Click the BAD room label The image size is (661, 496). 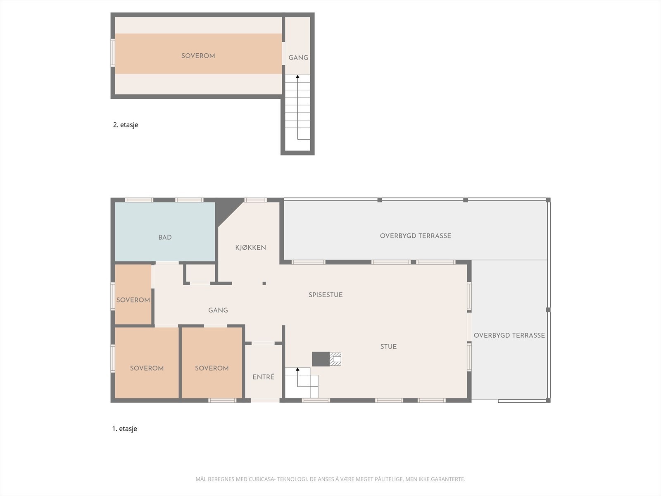pos(165,237)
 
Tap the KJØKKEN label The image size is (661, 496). pos(250,248)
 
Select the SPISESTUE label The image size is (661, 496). pos(326,295)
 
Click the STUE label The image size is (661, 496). pos(388,346)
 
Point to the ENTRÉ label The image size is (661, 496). pos(263,377)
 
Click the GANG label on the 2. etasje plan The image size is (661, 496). pos(298,57)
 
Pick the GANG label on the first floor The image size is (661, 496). pos(218,310)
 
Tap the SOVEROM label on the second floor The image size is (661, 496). pos(198,56)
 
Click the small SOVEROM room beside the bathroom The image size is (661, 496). pos(133,300)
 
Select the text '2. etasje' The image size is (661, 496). pos(126,125)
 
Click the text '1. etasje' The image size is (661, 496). pos(124,429)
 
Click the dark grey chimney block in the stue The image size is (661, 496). pos(320,359)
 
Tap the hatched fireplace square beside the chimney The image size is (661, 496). pos(335,359)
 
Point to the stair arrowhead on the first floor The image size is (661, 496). pos(297,369)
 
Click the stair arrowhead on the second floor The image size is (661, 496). pos(297,77)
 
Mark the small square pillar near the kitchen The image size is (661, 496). pos(264,283)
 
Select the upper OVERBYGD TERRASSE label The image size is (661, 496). pos(415,236)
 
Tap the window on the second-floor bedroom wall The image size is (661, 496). pos(113,52)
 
